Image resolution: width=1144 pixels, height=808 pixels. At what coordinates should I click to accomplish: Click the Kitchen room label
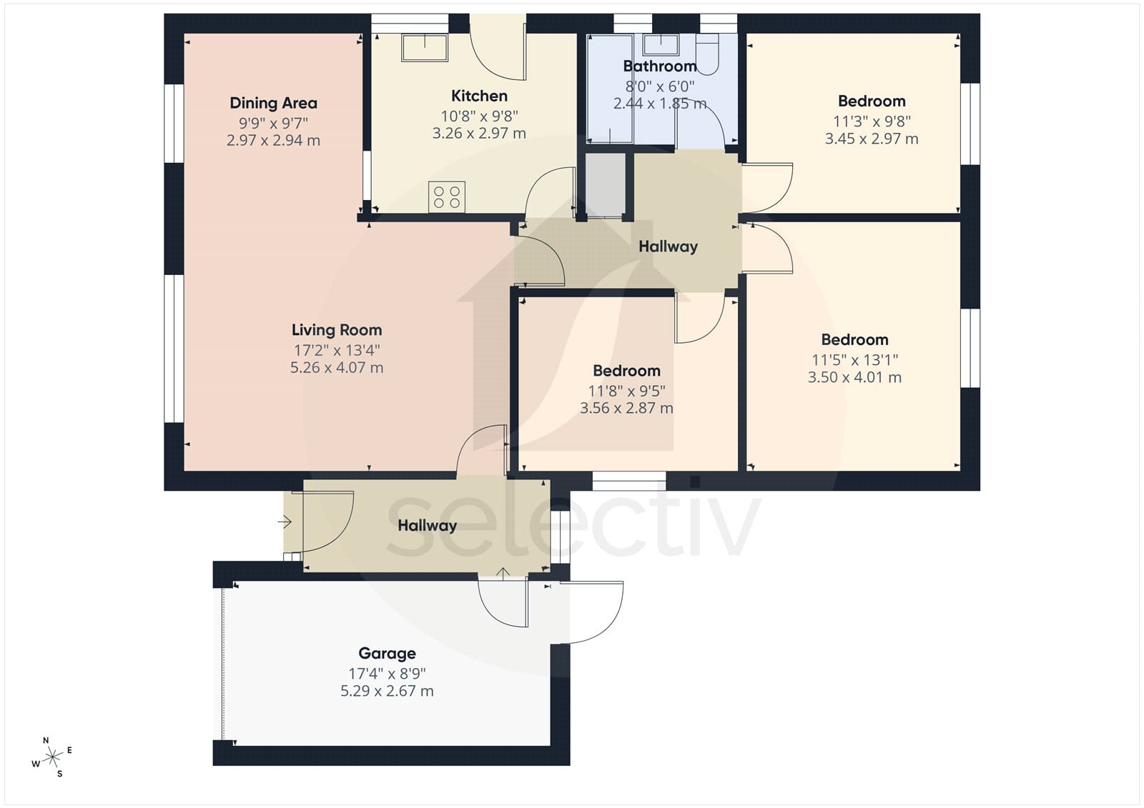(x=479, y=96)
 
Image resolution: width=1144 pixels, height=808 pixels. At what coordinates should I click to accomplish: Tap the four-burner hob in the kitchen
(x=447, y=197)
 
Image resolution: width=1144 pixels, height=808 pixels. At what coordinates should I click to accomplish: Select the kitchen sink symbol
(x=425, y=47)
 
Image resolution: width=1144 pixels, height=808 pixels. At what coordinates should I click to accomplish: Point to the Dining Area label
(x=273, y=103)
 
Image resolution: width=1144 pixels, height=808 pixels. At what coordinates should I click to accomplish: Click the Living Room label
(x=337, y=330)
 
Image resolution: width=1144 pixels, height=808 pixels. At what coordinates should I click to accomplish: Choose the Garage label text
(x=387, y=654)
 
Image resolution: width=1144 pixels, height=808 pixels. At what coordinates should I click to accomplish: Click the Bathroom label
(x=660, y=66)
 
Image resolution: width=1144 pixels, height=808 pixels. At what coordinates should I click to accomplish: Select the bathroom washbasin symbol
(x=661, y=44)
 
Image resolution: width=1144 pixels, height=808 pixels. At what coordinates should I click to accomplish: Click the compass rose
(x=52, y=757)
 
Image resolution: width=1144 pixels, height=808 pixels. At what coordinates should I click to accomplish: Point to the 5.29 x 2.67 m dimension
(x=387, y=691)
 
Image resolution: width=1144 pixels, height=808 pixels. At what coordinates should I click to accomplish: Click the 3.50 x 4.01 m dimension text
(x=854, y=378)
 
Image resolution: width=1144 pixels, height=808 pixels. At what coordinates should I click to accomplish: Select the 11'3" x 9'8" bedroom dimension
(x=872, y=121)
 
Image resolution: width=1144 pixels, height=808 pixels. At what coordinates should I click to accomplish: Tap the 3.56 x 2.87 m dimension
(x=626, y=409)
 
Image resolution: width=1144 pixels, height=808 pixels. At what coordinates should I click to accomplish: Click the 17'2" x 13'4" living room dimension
(x=337, y=351)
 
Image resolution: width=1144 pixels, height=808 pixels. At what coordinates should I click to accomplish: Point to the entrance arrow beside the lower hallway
(x=285, y=522)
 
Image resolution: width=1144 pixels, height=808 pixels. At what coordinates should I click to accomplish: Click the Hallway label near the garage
(x=427, y=526)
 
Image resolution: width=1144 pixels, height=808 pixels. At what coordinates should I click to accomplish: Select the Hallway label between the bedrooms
(x=668, y=247)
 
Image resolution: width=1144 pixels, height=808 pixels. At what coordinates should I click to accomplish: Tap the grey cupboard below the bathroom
(x=605, y=185)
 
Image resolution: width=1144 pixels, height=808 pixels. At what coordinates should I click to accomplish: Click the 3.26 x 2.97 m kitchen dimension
(x=479, y=133)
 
